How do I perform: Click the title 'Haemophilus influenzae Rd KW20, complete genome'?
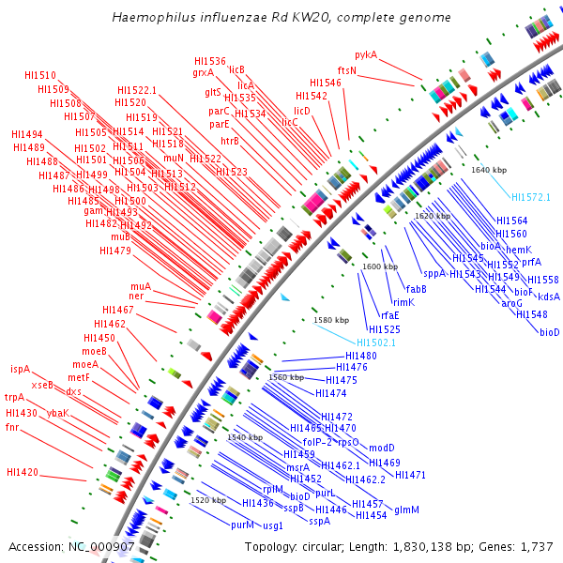click(281, 18)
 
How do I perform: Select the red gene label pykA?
click(366, 55)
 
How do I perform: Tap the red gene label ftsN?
click(347, 70)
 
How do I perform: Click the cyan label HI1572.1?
click(531, 197)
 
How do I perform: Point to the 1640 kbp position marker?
click(489, 170)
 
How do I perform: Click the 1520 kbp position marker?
click(207, 500)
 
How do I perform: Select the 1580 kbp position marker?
click(331, 320)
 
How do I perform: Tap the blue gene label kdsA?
click(549, 297)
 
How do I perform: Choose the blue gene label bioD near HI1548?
click(549, 332)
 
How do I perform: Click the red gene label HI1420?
click(23, 472)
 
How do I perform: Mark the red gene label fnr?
click(11, 427)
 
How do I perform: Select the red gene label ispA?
click(20, 369)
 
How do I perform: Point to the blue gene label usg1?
click(273, 525)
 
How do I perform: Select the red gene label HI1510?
click(40, 75)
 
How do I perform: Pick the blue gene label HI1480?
click(361, 356)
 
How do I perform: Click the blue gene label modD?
click(381, 448)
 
